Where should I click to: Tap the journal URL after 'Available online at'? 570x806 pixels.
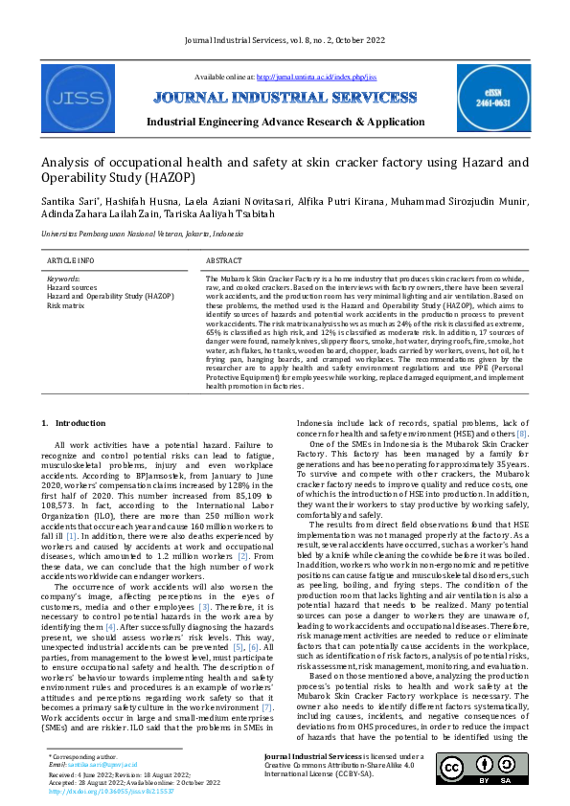(314, 76)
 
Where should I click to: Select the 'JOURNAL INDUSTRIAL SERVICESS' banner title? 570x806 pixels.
(285, 98)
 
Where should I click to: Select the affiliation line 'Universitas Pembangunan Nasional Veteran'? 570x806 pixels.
(135, 234)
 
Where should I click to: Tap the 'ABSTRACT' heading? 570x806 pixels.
(224, 260)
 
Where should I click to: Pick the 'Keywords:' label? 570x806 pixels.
(63, 279)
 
